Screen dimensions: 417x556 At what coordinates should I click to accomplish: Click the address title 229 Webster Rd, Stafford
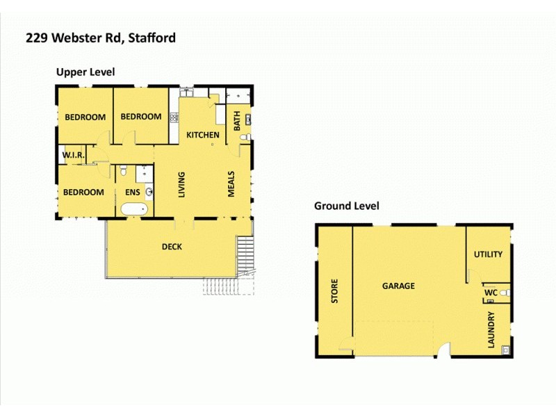pos(101,38)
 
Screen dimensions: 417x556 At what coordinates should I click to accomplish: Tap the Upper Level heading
pos(85,72)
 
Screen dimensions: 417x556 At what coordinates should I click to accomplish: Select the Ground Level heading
pos(346,206)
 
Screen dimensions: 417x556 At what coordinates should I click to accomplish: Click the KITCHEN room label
pos(203,135)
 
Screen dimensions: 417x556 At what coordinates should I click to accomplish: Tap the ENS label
pos(133,193)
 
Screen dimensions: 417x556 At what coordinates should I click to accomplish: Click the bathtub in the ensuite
pos(133,208)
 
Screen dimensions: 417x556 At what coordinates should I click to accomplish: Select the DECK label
pos(172,246)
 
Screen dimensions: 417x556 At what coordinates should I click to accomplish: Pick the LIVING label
pos(181,184)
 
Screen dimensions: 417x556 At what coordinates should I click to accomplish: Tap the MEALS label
pos(232,184)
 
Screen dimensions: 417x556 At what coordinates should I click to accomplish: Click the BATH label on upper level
pos(237,122)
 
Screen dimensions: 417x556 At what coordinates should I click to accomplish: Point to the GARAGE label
pos(398,286)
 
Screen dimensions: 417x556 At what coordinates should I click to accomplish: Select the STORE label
pos(334,291)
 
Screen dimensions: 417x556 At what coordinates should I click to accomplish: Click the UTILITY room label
pos(488,254)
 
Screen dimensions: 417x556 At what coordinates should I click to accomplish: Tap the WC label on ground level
pos(490,293)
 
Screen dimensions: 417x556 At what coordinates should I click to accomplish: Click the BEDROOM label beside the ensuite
pos(83,193)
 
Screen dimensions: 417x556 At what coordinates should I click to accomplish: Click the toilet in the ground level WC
pos(505,293)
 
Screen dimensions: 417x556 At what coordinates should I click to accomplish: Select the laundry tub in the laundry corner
pos(505,349)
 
